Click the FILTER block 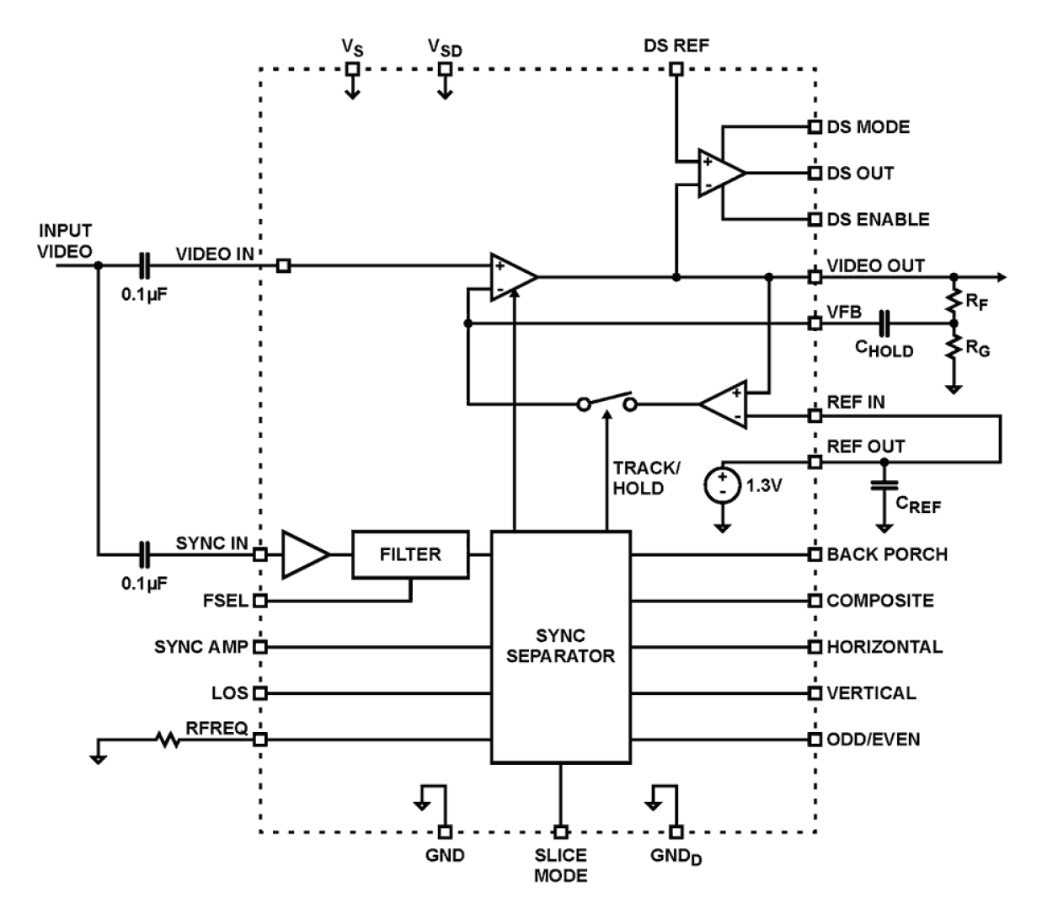tap(410, 554)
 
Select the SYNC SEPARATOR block tap(560, 647)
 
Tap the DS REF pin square tap(676, 69)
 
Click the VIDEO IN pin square tap(284, 266)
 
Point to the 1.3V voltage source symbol tap(723, 486)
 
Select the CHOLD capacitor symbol tap(884, 323)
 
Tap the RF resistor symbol tap(954, 300)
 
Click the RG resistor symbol tap(954, 346)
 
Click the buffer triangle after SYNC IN tap(305, 554)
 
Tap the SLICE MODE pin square tap(561, 831)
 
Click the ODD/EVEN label tap(874, 740)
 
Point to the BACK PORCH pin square tap(815, 554)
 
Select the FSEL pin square tap(260, 601)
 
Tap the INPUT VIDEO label tap(65, 240)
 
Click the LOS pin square tap(260, 693)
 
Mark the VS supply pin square tap(353, 69)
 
